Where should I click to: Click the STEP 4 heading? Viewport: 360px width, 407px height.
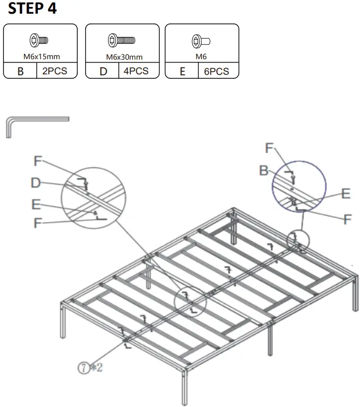32,9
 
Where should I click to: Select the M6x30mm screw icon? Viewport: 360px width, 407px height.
121,40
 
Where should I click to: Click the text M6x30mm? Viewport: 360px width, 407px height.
124,57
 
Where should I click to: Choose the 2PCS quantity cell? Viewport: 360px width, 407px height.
55,71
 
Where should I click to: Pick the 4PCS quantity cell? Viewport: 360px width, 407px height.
136,71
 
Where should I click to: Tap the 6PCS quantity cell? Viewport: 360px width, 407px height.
216,71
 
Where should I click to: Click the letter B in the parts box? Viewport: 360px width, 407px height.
21,71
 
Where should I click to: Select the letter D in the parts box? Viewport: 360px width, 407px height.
103,71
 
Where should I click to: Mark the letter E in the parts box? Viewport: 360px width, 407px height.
182,71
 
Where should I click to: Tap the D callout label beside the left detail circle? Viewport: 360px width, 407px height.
36,183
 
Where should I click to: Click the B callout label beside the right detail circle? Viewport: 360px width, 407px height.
264,171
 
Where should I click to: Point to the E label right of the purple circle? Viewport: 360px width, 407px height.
346,194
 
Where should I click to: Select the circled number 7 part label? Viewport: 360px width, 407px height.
84,367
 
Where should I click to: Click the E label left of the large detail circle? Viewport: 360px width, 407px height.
36,204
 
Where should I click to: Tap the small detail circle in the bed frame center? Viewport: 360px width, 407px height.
190,302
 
